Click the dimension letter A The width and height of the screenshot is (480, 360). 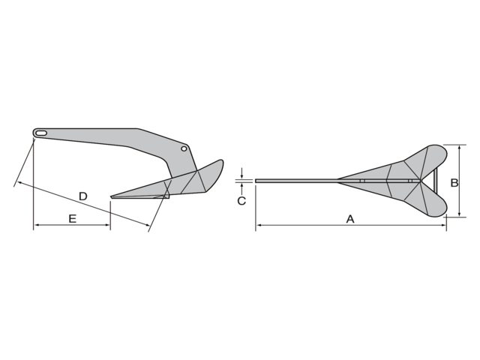(x=349, y=219)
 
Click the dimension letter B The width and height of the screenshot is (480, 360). (x=454, y=182)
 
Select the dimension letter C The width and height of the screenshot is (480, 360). (x=241, y=200)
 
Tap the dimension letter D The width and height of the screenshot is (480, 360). (x=83, y=196)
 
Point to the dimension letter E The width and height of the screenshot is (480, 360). (x=72, y=218)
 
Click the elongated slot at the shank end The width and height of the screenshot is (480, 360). (x=40, y=133)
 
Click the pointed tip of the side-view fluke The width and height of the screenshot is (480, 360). (x=112, y=197)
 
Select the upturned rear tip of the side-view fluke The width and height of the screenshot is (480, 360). (x=220, y=160)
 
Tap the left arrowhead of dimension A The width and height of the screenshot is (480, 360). (x=258, y=225)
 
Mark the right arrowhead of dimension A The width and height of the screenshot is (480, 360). (x=445, y=225)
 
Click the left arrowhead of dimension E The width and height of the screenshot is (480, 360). (x=36, y=226)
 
